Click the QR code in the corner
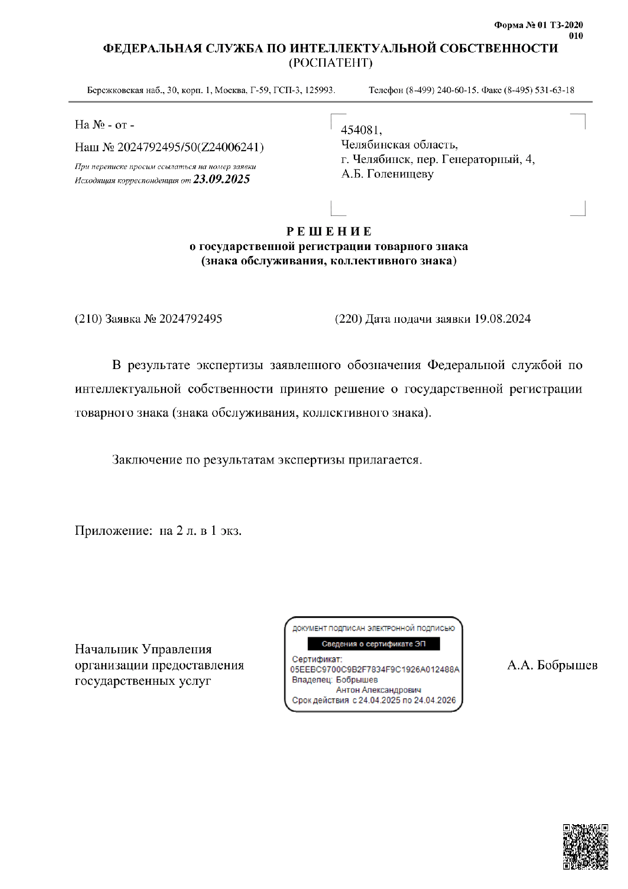585,846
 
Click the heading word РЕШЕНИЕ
329,232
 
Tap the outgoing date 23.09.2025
222,180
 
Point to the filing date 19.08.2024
503,319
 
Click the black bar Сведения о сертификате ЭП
374,644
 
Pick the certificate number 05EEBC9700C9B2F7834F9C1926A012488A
375,670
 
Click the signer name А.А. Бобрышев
552,665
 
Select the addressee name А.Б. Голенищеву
387,174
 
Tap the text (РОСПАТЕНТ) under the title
330,63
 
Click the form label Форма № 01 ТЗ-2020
538,25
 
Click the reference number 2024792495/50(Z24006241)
191,147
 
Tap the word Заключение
147,460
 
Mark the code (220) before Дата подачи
348,319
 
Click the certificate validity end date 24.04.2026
435,700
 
